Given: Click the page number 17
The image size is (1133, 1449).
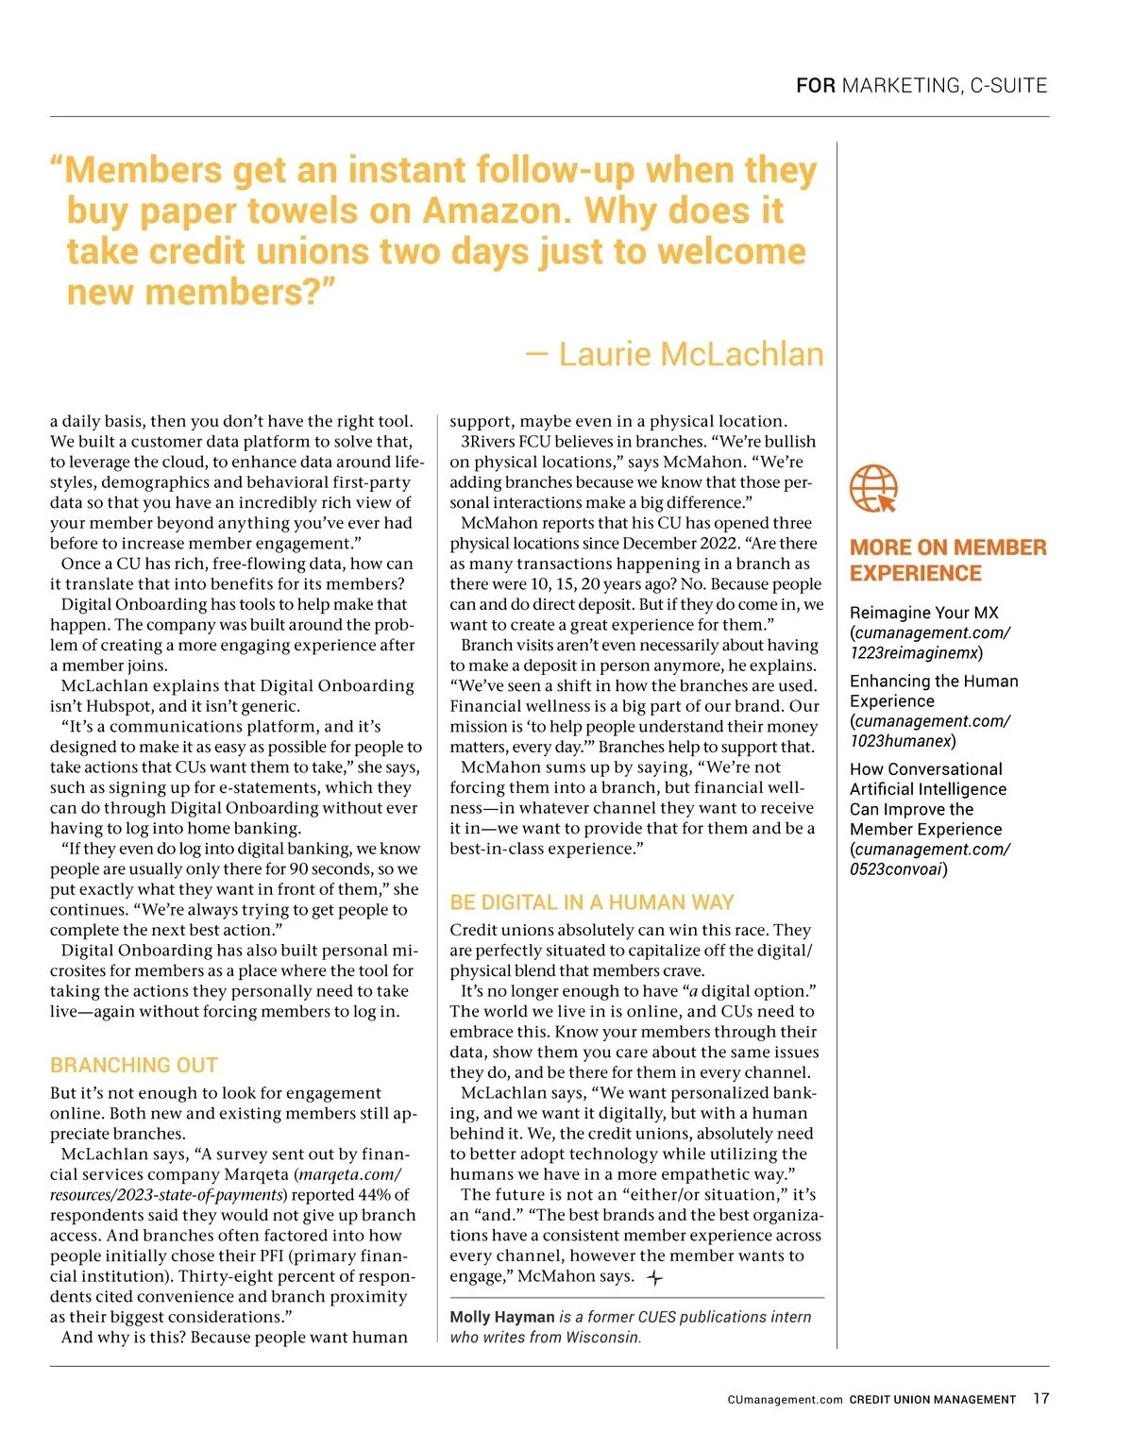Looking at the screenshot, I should coord(1040,1398).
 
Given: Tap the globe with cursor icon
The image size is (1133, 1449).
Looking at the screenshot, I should coord(873,488).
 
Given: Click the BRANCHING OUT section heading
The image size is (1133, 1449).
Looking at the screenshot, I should coord(134,1065).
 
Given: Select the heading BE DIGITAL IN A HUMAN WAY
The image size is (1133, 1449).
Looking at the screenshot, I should coord(592,901).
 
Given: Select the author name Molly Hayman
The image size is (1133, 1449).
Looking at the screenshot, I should coord(502,1317).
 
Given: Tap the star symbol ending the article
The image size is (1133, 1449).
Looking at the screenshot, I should coord(655,1277).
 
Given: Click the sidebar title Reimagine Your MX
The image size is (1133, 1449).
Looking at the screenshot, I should coord(923,613).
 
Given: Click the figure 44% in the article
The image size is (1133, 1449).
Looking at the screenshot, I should coord(375,1194).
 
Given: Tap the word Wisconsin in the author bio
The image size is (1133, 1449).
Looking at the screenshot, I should coord(600,1337).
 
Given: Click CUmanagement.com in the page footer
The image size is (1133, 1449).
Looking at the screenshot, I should coord(785,1400).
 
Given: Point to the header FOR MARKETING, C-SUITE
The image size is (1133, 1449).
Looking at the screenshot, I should coord(922,86).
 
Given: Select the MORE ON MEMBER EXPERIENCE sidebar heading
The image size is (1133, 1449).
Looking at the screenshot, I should coord(948,560).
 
